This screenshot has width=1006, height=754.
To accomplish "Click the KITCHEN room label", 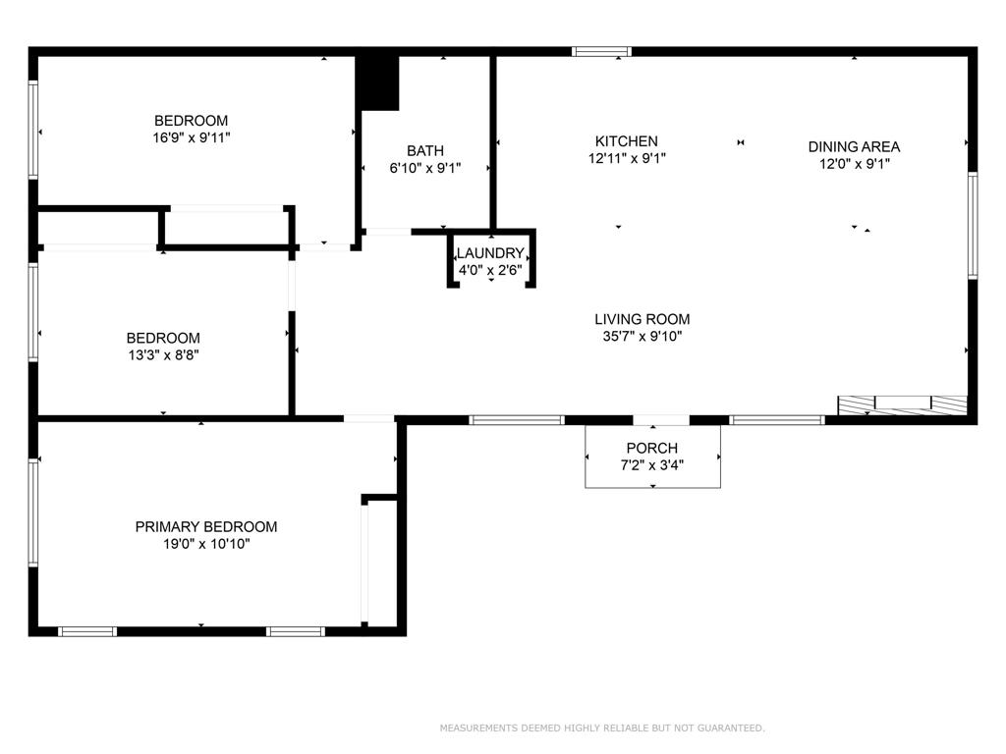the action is (626, 141).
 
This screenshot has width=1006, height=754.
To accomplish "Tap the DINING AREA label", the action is (854, 147).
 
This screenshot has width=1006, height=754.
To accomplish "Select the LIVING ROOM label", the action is (643, 319).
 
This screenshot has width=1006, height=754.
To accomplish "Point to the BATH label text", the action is (425, 150).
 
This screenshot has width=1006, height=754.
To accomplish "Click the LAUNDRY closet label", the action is (491, 253).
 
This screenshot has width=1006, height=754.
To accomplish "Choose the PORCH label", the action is (652, 448).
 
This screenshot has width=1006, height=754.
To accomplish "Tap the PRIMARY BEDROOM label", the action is (206, 527).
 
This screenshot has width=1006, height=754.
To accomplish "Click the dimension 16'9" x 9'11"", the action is (192, 137).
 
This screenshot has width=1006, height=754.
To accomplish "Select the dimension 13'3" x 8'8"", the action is (164, 354).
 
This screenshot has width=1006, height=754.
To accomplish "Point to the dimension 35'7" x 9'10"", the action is (643, 336).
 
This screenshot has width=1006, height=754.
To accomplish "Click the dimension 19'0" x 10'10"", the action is (206, 544).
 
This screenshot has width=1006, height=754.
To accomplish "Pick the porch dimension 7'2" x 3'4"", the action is (652, 464).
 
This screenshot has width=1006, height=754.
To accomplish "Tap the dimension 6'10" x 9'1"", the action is (425, 168).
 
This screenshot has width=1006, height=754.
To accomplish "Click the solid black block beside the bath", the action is (377, 83).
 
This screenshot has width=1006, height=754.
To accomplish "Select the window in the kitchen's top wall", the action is (602, 51).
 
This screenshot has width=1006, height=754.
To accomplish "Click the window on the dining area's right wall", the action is (973, 226).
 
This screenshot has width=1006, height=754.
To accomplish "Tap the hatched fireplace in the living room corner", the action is (903, 405).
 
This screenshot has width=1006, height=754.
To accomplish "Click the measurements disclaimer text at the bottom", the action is (602, 727).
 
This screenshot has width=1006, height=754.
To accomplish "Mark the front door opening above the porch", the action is (661, 420).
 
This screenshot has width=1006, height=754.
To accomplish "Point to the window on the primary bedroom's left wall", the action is (32, 512).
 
